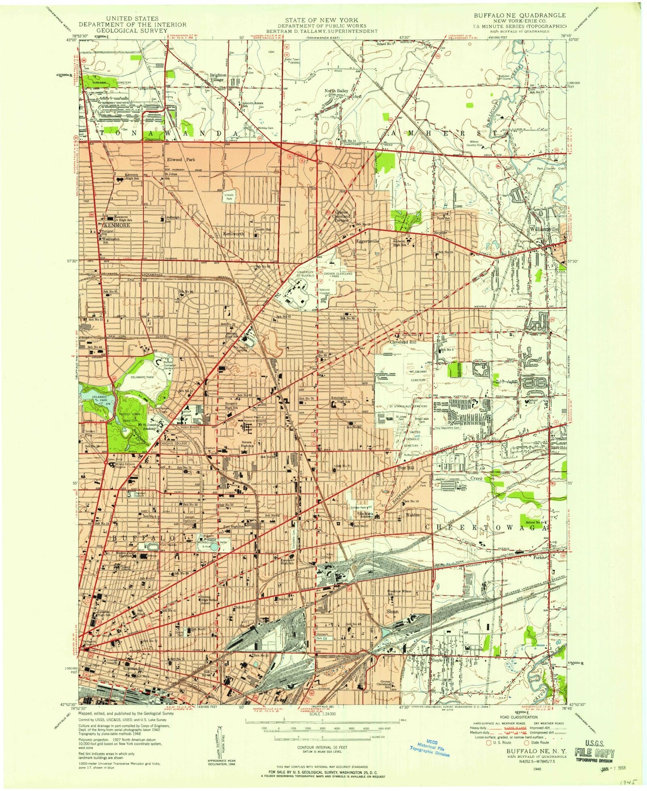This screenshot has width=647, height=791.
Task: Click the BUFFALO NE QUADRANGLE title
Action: point(520,15)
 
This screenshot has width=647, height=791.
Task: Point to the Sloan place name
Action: point(392,611)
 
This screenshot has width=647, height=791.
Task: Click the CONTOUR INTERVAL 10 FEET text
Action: point(321,748)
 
